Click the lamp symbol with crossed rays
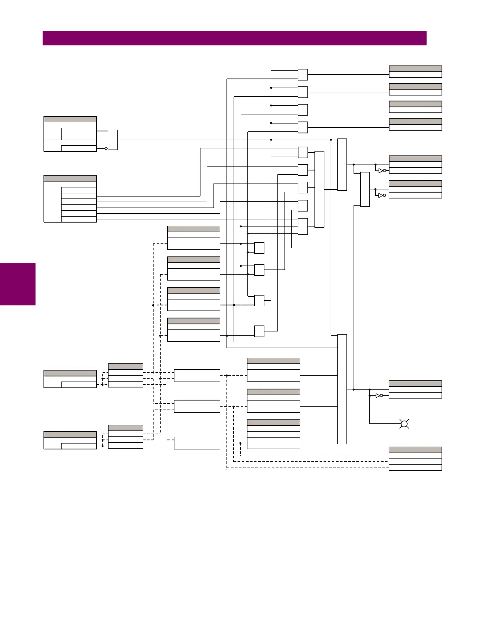pos(404,424)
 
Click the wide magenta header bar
pos(234,38)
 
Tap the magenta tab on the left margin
pos(18,284)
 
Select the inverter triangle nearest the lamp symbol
pos(378,395)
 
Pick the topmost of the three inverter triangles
pos(381,171)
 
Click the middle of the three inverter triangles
pos(381,195)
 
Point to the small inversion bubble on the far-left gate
pos(106,149)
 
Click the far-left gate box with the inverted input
pos(112,140)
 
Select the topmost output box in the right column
pos(415,72)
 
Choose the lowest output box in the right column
pos(415,458)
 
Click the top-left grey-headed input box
pos(70,134)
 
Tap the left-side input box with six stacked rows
pos(70,199)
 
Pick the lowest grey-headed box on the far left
pos(70,440)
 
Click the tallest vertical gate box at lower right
pos(342,389)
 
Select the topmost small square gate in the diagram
pos(303,75)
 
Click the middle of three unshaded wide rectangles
pos(197,406)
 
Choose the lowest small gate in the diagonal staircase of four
pos(259,331)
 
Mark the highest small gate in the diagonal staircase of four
pos(259,248)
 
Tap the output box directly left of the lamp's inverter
pos(415,389)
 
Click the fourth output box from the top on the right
pos(415,124)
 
